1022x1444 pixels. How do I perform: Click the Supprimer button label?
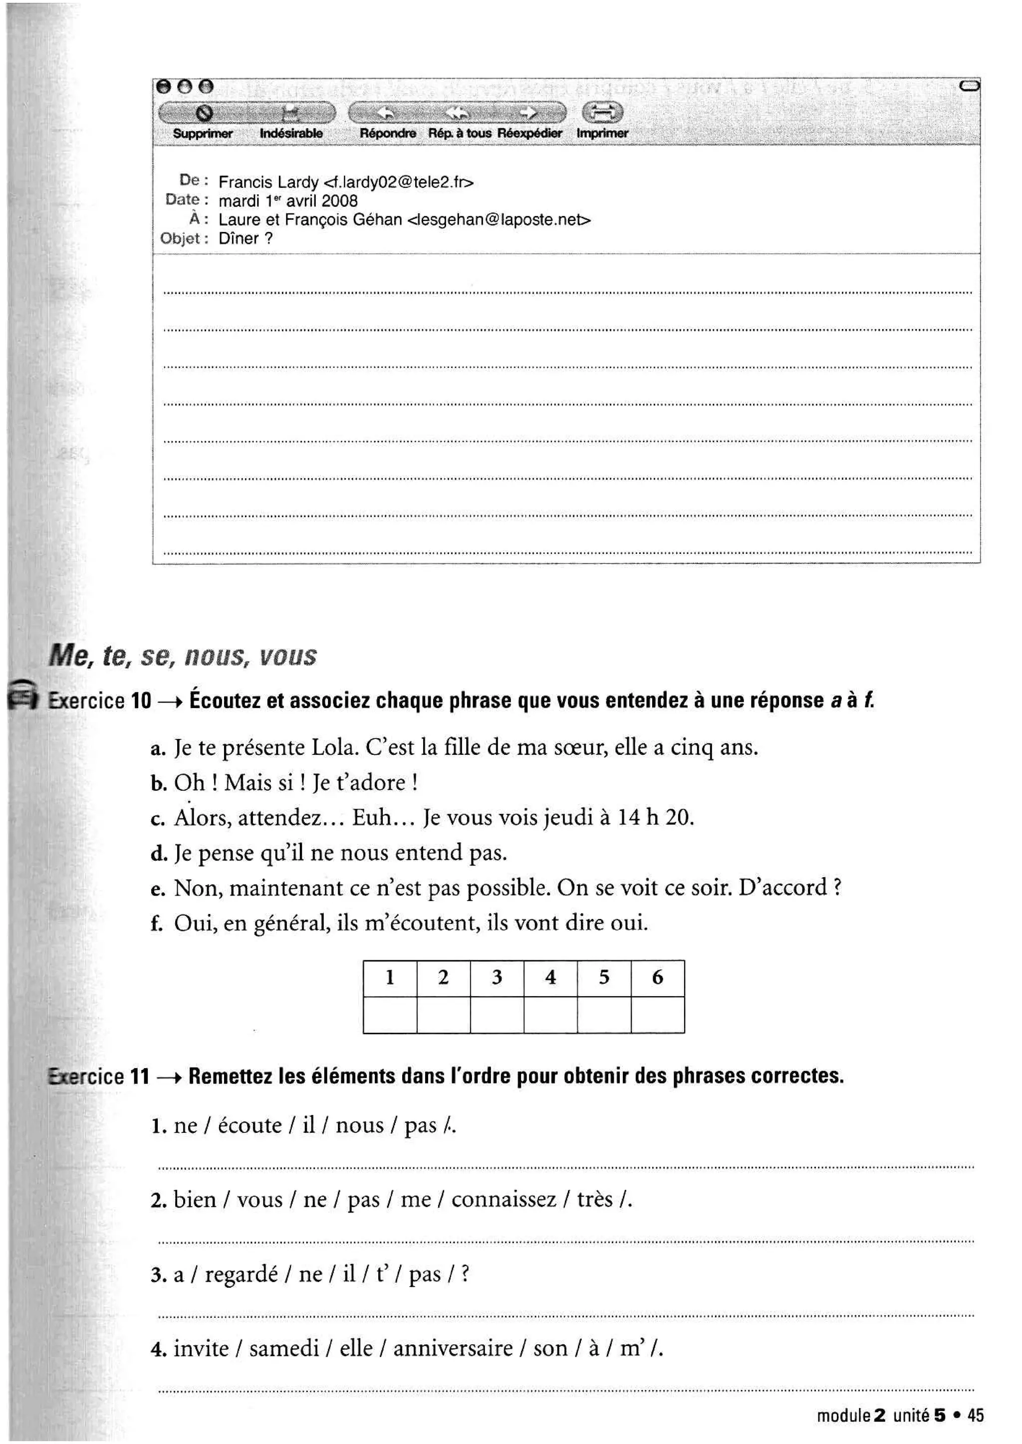(202, 133)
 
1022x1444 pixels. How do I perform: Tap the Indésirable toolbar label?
(291, 133)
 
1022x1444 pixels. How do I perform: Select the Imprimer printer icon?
(602, 113)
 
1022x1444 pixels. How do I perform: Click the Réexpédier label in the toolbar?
(529, 133)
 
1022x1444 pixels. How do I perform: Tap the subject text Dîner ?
(246, 239)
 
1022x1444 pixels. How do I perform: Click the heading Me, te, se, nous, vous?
(183, 656)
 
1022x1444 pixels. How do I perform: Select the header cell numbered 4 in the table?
(550, 977)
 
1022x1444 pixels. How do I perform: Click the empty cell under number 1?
(390, 1015)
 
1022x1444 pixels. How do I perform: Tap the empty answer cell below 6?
(658, 1015)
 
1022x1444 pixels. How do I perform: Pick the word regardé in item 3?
(241, 1274)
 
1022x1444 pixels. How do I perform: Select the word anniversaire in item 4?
(453, 1348)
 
